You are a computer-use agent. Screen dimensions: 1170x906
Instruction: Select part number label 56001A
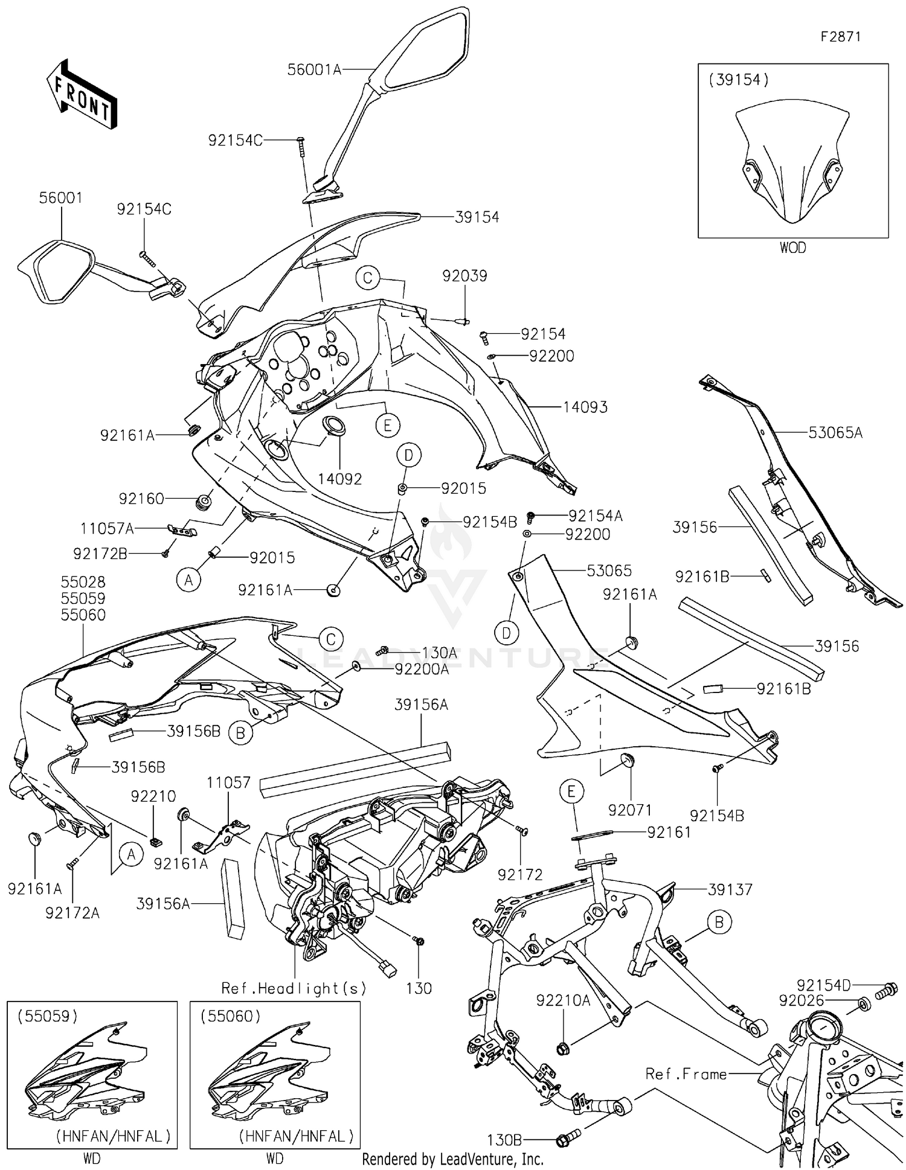point(314,70)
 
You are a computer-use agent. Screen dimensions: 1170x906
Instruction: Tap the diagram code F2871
point(840,37)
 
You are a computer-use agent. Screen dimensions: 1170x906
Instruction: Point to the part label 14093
point(585,408)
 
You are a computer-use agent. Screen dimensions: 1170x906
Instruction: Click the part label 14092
point(340,479)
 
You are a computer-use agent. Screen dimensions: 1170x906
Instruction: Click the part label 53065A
point(835,433)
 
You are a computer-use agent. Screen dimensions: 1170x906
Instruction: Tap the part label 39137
point(730,889)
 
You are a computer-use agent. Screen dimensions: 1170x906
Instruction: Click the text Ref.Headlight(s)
point(294,988)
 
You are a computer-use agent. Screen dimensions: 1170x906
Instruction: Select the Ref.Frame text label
point(686,1074)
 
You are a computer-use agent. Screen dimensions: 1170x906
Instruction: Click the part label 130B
point(504,1140)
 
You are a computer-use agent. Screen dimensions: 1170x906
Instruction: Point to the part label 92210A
point(563,1000)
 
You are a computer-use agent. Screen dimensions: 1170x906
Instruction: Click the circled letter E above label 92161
point(572,791)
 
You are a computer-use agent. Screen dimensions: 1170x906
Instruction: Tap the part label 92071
point(630,810)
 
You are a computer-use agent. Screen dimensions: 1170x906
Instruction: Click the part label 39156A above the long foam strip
point(421,705)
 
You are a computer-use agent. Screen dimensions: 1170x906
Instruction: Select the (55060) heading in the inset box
point(231,1016)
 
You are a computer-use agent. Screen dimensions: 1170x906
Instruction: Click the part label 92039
point(464,276)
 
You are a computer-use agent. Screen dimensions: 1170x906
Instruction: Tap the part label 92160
point(141,499)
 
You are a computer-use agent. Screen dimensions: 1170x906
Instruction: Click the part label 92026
point(802,1001)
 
